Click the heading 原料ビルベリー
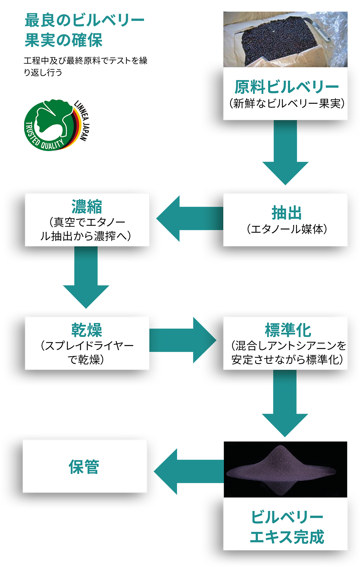[286, 87]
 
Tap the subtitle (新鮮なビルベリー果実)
[286, 104]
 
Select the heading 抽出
[286, 213]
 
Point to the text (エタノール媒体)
[286, 229]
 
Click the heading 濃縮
[87, 206]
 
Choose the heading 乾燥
[87, 330]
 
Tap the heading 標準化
[288, 330]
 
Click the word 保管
[84, 467]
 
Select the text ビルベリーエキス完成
[286, 527]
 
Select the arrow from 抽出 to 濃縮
[183, 219]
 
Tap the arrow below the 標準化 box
[285, 410]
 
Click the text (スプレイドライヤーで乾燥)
[87, 353]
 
